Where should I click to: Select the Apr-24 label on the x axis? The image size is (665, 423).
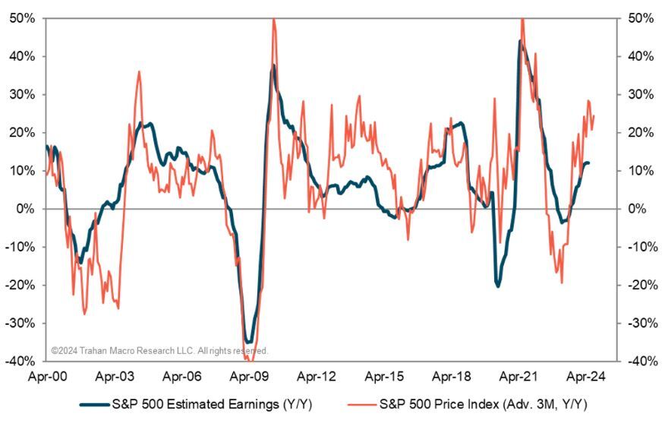(586, 375)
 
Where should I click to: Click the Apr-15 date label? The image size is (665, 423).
(384, 375)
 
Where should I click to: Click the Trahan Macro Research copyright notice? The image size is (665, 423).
(159, 351)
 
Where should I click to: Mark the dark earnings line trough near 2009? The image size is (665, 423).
(248, 343)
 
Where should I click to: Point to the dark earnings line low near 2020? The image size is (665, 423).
(498, 286)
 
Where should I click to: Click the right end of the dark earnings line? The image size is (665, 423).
(589, 163)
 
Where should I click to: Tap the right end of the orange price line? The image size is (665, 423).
(594, 115)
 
